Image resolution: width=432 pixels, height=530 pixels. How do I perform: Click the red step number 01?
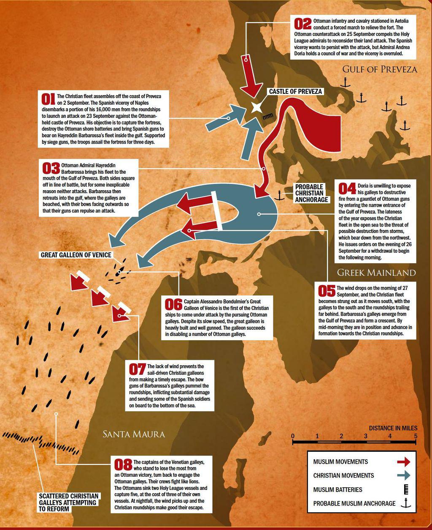click(48, 98)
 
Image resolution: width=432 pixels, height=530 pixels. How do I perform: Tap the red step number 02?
click(303, 24)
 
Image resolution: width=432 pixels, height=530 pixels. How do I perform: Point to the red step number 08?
click(123, 465)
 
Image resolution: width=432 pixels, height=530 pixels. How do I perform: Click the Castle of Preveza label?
click(295, 91)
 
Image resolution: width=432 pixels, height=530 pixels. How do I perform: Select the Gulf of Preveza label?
click(379, 69)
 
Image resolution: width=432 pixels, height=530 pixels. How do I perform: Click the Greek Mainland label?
click(376, 272)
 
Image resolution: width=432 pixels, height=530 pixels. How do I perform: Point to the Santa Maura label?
click(134, 434)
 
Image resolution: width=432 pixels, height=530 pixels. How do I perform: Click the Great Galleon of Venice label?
click(76, 255)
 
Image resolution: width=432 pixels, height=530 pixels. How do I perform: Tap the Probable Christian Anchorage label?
click(311, 193)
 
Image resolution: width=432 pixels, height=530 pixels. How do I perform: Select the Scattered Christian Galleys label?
click(69, 503)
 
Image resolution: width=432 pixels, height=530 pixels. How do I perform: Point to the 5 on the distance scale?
click(416, 436)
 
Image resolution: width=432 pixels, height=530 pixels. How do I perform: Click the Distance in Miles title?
click(393, 428)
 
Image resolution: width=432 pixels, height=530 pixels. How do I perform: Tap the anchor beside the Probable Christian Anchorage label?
click(278, 195)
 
